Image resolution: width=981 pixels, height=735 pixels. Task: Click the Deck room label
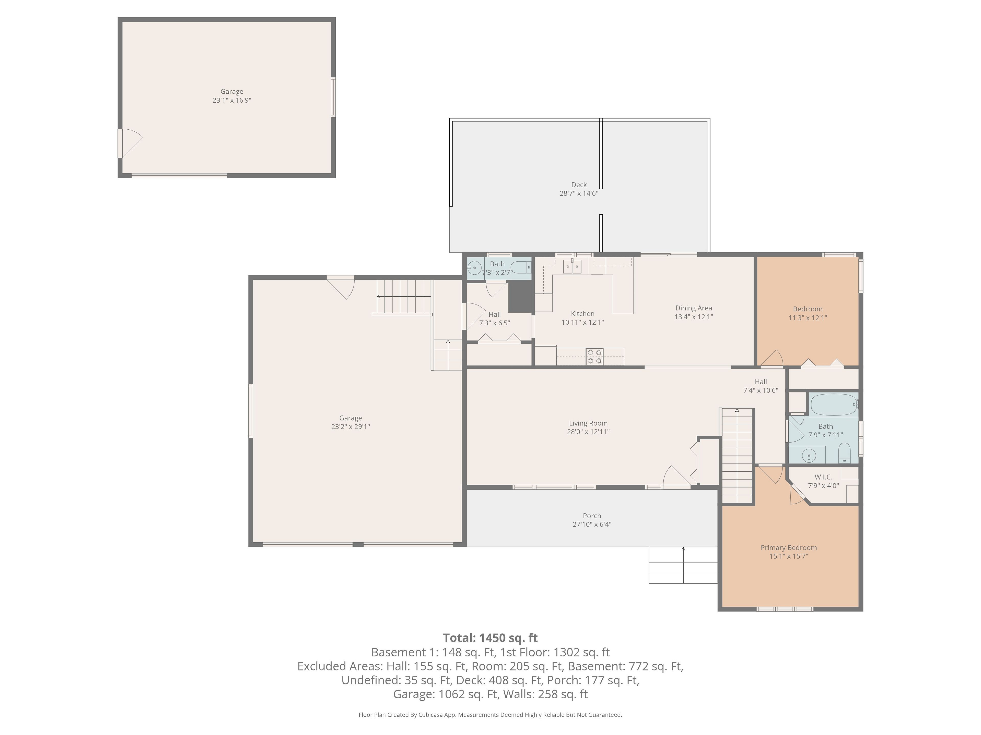(x=579, y=185)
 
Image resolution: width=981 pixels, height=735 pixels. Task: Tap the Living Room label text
(x=588, y=423)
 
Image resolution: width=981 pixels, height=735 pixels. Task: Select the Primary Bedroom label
(x=789, y=548)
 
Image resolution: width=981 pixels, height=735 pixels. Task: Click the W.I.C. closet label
(x=823, y=477)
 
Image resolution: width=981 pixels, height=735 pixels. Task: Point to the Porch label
(x=592, y=516)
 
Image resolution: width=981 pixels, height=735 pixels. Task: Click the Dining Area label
(x=694, y=308)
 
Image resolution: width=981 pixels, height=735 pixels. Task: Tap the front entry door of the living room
(x=676, y=477)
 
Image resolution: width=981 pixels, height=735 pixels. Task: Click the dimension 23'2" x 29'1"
(x=350, y=427)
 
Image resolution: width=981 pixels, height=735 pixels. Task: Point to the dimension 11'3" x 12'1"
(x=808, y=318)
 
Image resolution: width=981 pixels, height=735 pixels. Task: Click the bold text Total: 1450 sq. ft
(x=490, y=638)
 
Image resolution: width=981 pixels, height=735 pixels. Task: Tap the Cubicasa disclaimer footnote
(x=490, y=715)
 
